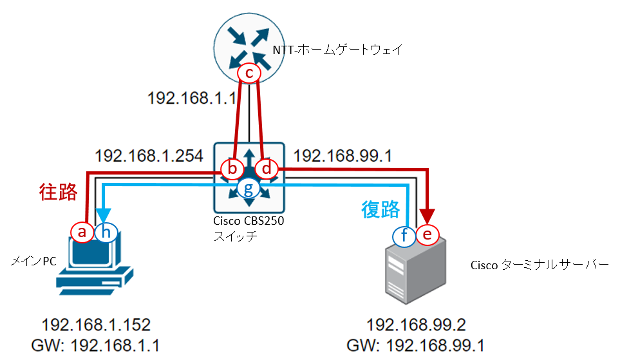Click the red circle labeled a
pos(82,232)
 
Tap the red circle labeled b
pos(232,169)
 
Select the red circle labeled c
pos(249,73)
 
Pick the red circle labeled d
pos(267,169)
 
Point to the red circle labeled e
pos(427,234)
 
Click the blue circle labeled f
pos(404,236)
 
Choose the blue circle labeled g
pos(249,189)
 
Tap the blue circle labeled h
pos(106,232)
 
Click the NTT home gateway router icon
pos(249,48)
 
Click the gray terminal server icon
pos(415,271)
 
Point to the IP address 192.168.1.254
pos(149,156)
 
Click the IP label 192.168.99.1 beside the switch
pos(343,156)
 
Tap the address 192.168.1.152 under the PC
pos(96,325)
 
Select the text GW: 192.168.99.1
pos(415,345)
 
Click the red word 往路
pos(58,193)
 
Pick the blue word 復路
pos(380,210)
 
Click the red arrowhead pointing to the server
pos(427,216)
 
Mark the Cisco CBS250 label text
pos(249,221)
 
